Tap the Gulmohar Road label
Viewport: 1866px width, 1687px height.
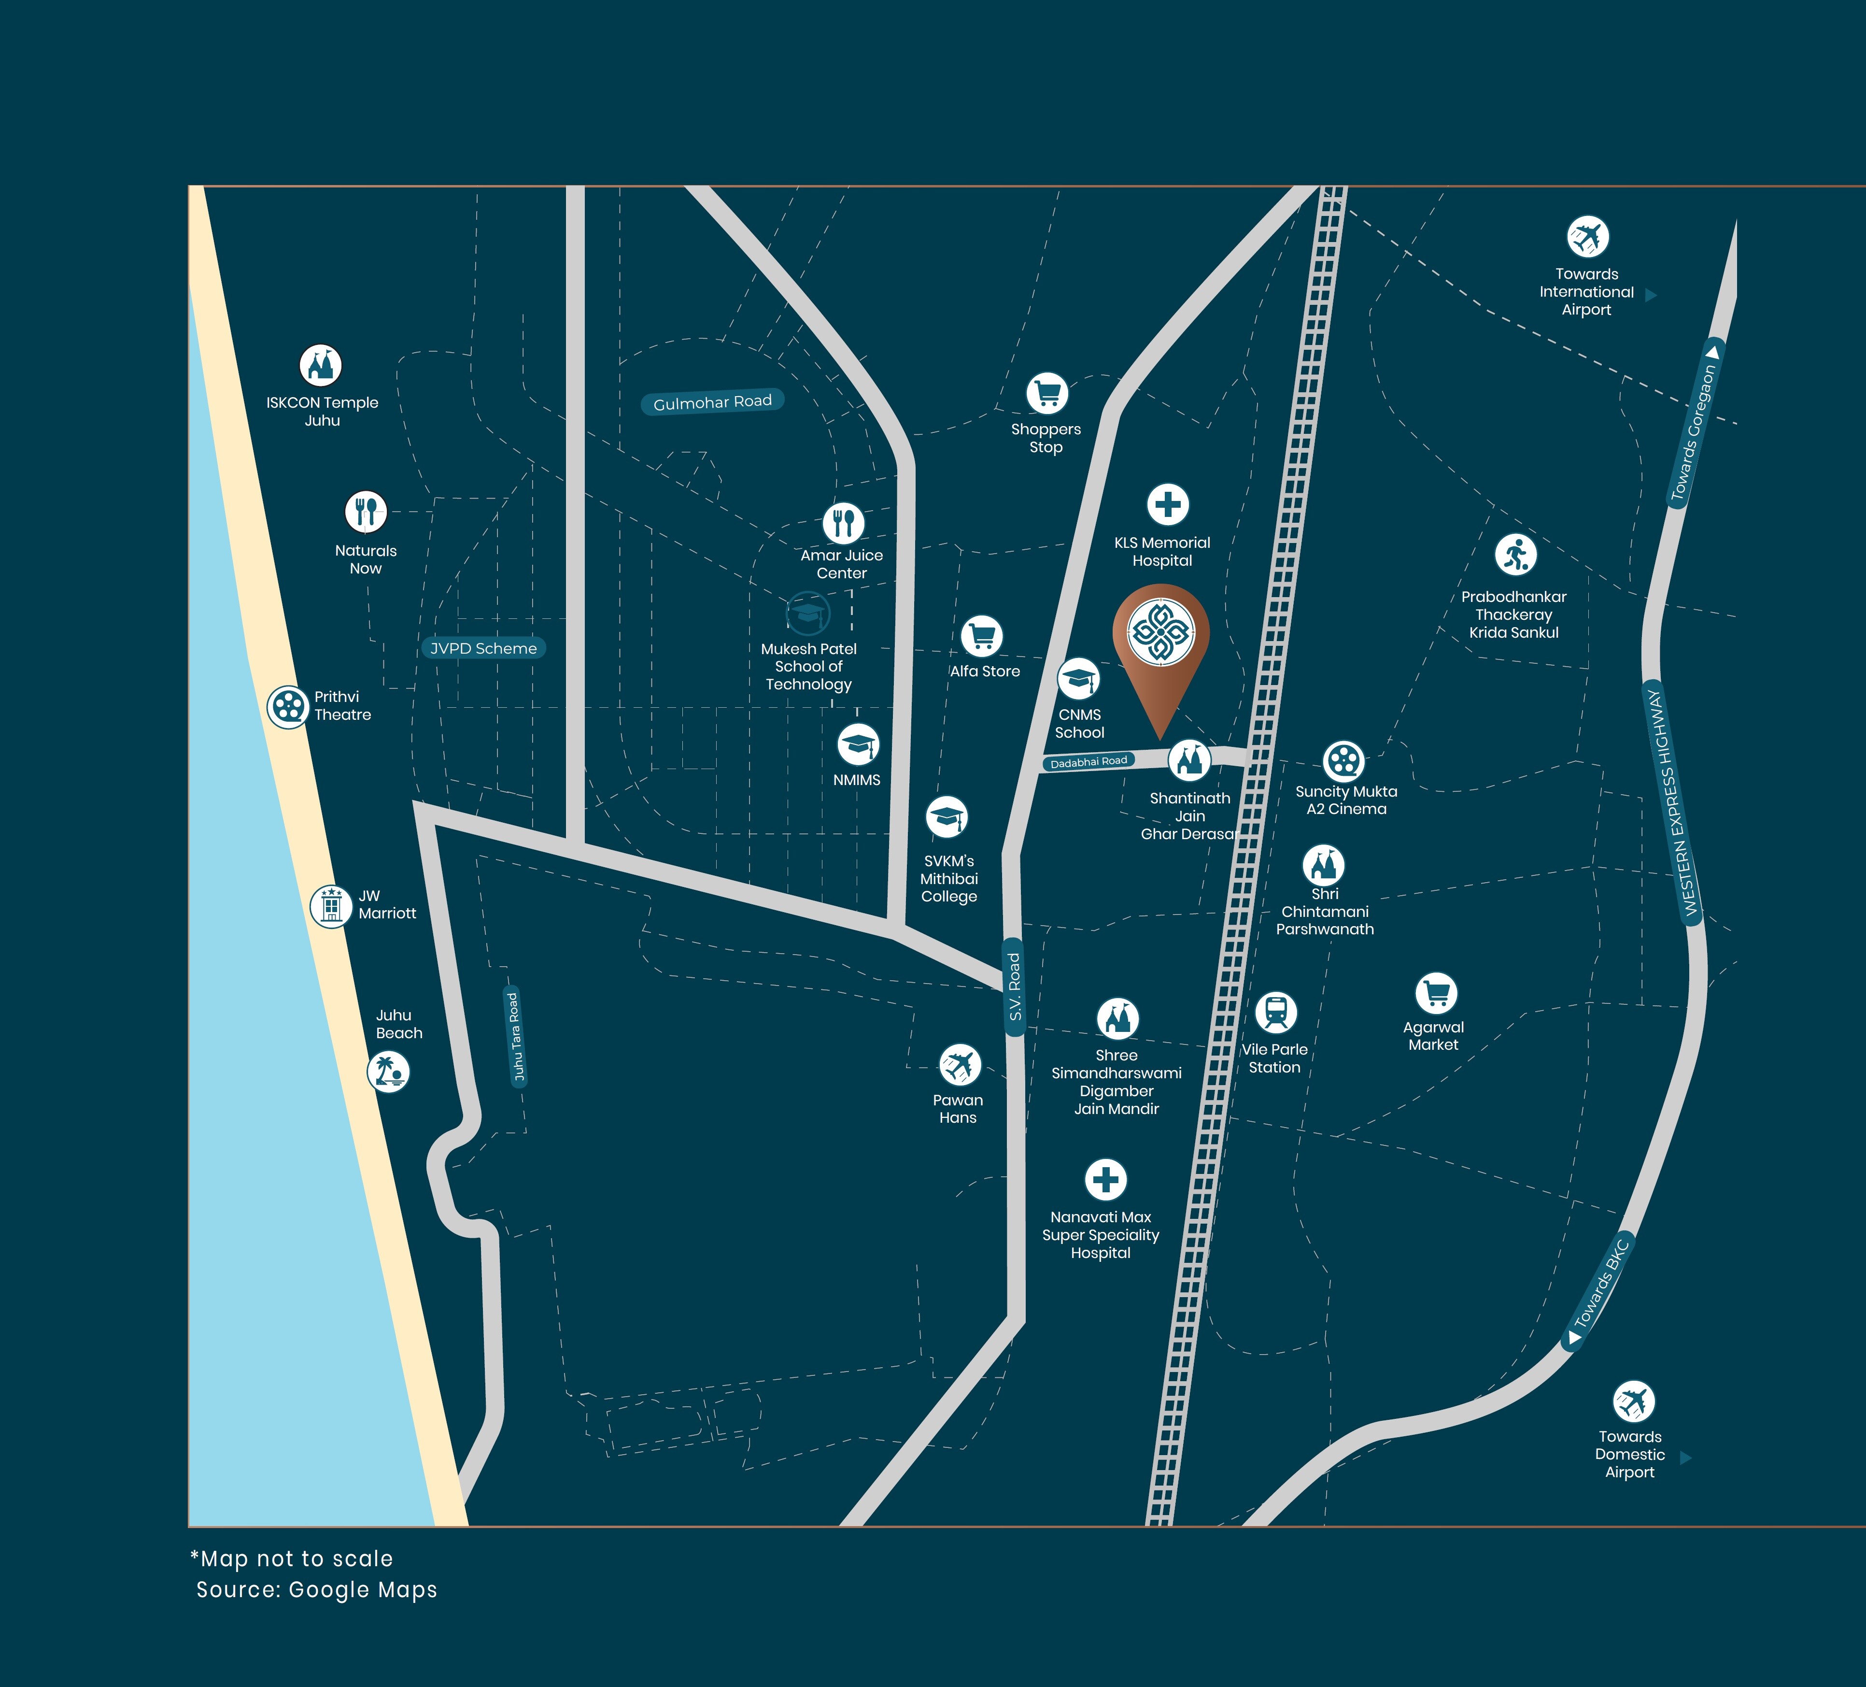point(713,402)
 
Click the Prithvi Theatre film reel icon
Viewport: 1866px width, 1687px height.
point(288,707)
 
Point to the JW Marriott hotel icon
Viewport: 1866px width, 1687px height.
point(330,905)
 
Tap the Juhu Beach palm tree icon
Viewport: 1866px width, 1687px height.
point(388,1071)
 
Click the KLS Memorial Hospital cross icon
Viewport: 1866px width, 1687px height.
point(1167,505)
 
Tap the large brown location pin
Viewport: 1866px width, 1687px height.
point(1161,648)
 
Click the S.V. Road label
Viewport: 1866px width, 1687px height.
point(1015,987)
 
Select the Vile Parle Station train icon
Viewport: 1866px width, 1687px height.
point(1275,1012)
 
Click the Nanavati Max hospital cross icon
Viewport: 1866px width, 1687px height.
point(1105,1180)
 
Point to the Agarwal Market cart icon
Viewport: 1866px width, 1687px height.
point(1436,993)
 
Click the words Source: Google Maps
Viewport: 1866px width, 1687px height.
point(317,1590)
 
